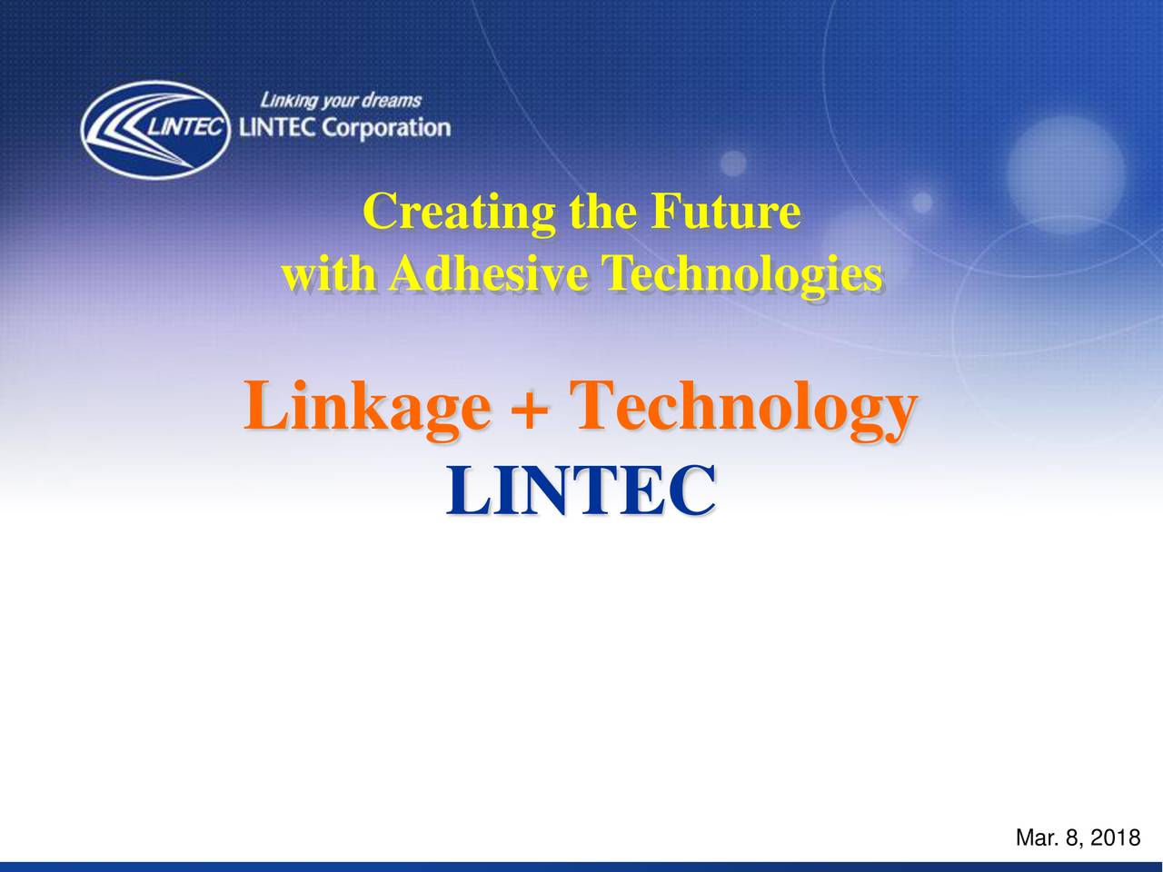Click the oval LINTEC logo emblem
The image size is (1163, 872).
point(155,130)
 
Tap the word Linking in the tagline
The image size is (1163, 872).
point(289,101)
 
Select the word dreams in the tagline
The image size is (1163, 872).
point(393,100)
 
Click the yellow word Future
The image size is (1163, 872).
point(726,211)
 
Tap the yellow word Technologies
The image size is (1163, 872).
point(744,274)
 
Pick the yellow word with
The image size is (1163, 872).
point(329,273)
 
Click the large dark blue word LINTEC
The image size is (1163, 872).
point(581,490)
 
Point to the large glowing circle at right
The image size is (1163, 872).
point(1066,174)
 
